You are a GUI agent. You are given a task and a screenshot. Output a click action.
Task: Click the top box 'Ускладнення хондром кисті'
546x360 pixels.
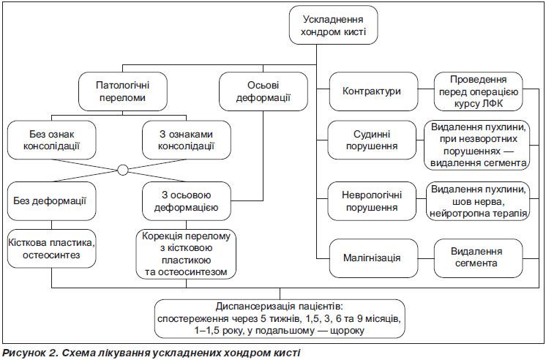click(333, 25)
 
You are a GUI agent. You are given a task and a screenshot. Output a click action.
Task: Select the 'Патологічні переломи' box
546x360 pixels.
click(122, 91)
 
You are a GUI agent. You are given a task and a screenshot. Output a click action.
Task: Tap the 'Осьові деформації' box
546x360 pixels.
click(263, 91)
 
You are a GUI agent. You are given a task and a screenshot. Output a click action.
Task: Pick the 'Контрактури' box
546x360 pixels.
click(373, 91)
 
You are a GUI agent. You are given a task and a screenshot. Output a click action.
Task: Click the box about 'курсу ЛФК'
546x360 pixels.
click(478, 91)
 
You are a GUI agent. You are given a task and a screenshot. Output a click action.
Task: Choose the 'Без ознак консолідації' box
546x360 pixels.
click(51, 140)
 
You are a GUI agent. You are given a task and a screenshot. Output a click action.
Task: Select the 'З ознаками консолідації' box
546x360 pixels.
click(187, 140)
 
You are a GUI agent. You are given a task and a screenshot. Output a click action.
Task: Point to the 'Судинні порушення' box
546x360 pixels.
click(372, 140)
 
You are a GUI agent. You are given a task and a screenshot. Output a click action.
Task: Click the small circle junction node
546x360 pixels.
click(122, 170)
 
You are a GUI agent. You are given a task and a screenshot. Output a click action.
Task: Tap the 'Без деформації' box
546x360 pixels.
click(51, 201)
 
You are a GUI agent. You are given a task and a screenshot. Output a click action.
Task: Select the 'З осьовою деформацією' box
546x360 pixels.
click(187, 201)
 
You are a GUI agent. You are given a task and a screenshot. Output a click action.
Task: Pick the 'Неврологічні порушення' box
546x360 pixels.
click(372, 201)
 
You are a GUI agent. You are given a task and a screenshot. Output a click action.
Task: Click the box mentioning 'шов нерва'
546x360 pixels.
click(478, 201)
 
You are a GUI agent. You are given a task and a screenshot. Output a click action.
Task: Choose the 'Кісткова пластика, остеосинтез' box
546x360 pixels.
click(51, 249)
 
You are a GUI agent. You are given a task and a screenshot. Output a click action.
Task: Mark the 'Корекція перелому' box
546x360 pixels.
click(187, 254)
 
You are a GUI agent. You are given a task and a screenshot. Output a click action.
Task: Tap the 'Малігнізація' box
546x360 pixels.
click(373, 258)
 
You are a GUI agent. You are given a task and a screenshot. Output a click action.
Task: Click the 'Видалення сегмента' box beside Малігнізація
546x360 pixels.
click(478, 258)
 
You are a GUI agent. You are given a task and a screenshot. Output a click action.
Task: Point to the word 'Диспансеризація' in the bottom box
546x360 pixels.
click(255, 307)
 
